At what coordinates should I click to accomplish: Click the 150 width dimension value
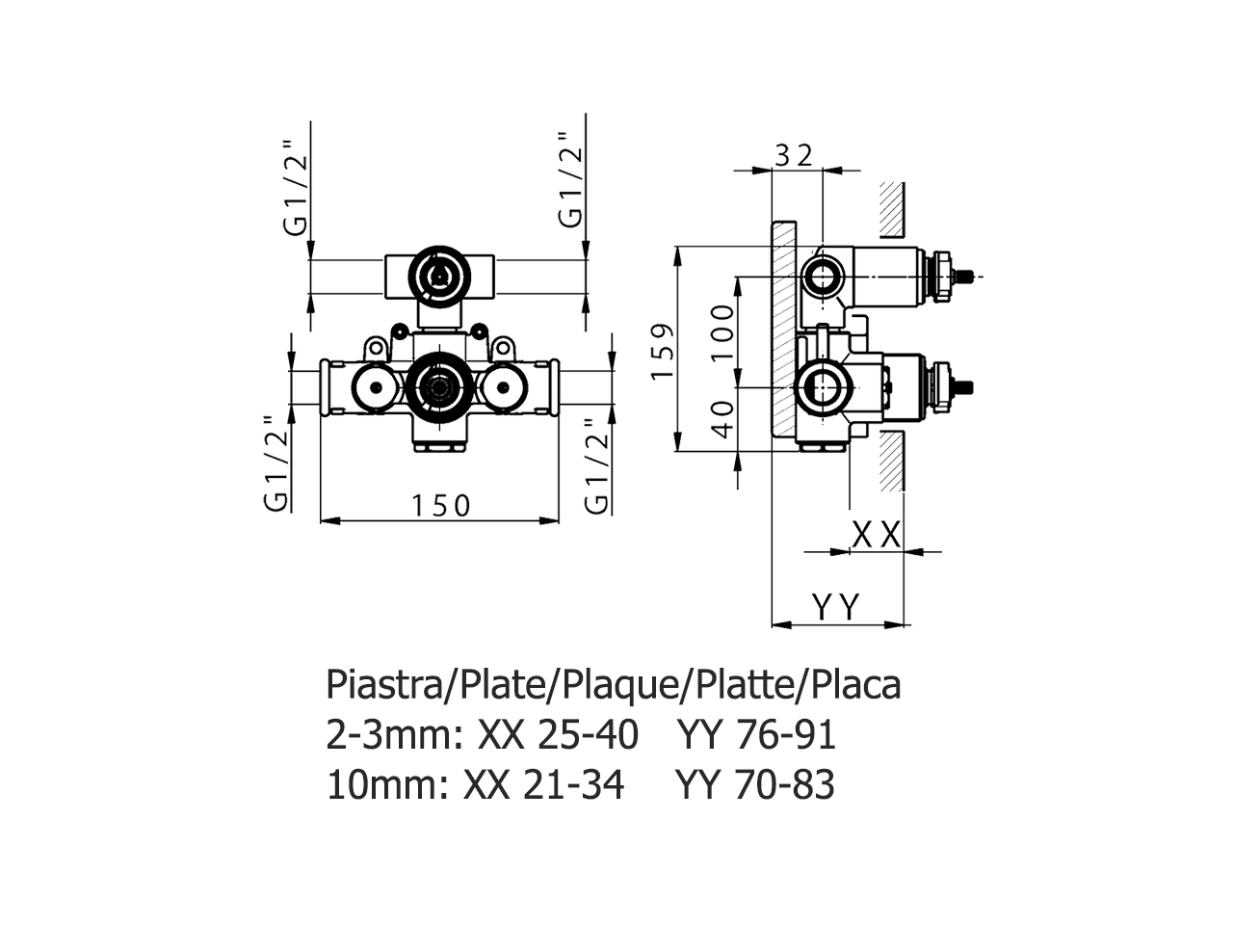coord(440,506)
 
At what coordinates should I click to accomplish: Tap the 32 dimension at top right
coord(794,155)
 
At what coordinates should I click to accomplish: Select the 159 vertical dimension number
coord(663,351)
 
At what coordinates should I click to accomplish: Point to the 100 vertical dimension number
coord(722,331)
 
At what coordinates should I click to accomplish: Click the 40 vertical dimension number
coord(723,419)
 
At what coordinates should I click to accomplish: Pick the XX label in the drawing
coord(877,534)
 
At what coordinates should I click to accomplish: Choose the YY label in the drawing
coord(836,607)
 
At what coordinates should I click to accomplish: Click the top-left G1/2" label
coord(296,189)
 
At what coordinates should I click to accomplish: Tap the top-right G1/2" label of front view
coord(570,180)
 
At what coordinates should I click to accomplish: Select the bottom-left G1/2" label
coord(276,463)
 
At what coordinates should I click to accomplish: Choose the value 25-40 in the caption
coord(589,735)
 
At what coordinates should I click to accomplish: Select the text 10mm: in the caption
coord(387,784)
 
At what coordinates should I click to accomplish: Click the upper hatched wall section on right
coord(891,209)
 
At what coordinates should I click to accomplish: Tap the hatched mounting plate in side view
coord(783,329)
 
